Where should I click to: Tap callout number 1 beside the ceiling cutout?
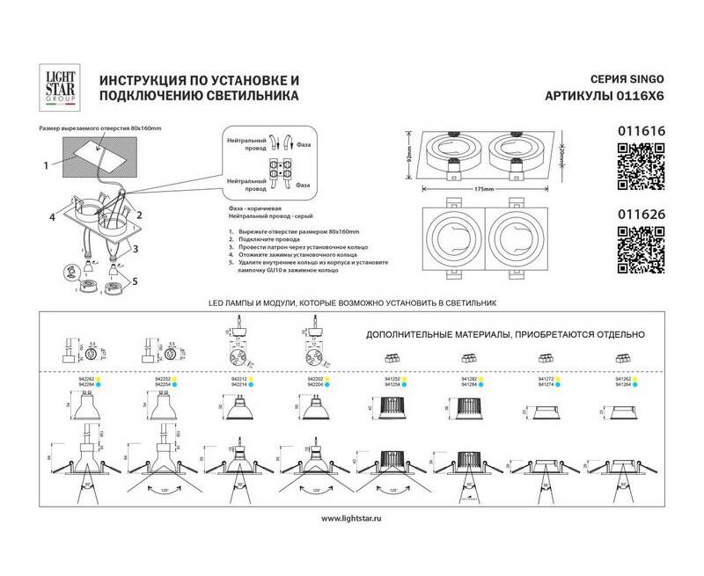coord(44,164)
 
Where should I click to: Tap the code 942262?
coord(87,378)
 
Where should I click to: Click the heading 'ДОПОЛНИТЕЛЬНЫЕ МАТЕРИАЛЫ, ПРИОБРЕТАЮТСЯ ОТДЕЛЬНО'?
coord(506,334)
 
